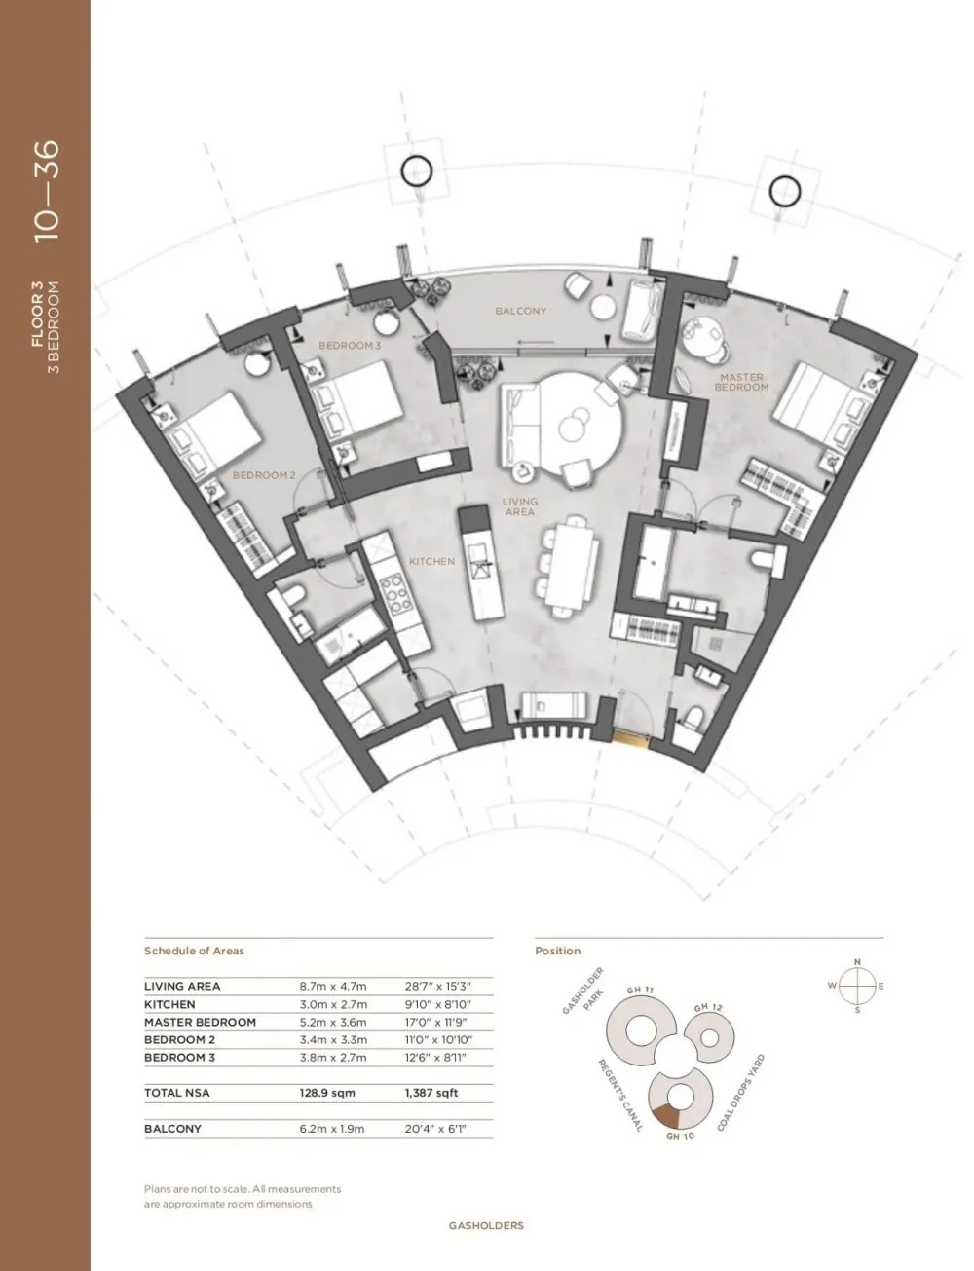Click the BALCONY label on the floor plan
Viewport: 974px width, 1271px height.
(520, 311)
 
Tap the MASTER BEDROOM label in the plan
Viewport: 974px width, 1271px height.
(740, 382)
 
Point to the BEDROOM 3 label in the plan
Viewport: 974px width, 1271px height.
(350, 346)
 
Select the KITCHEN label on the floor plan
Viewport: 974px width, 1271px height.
(431, 561)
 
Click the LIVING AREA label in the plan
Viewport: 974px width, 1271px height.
(519, 506)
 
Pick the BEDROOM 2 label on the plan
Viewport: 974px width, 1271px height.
(264, 475)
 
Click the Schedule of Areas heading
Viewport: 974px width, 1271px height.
(194, 951)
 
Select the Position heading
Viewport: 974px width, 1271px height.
(557, 951)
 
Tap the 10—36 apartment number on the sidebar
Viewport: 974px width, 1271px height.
(47, 191)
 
